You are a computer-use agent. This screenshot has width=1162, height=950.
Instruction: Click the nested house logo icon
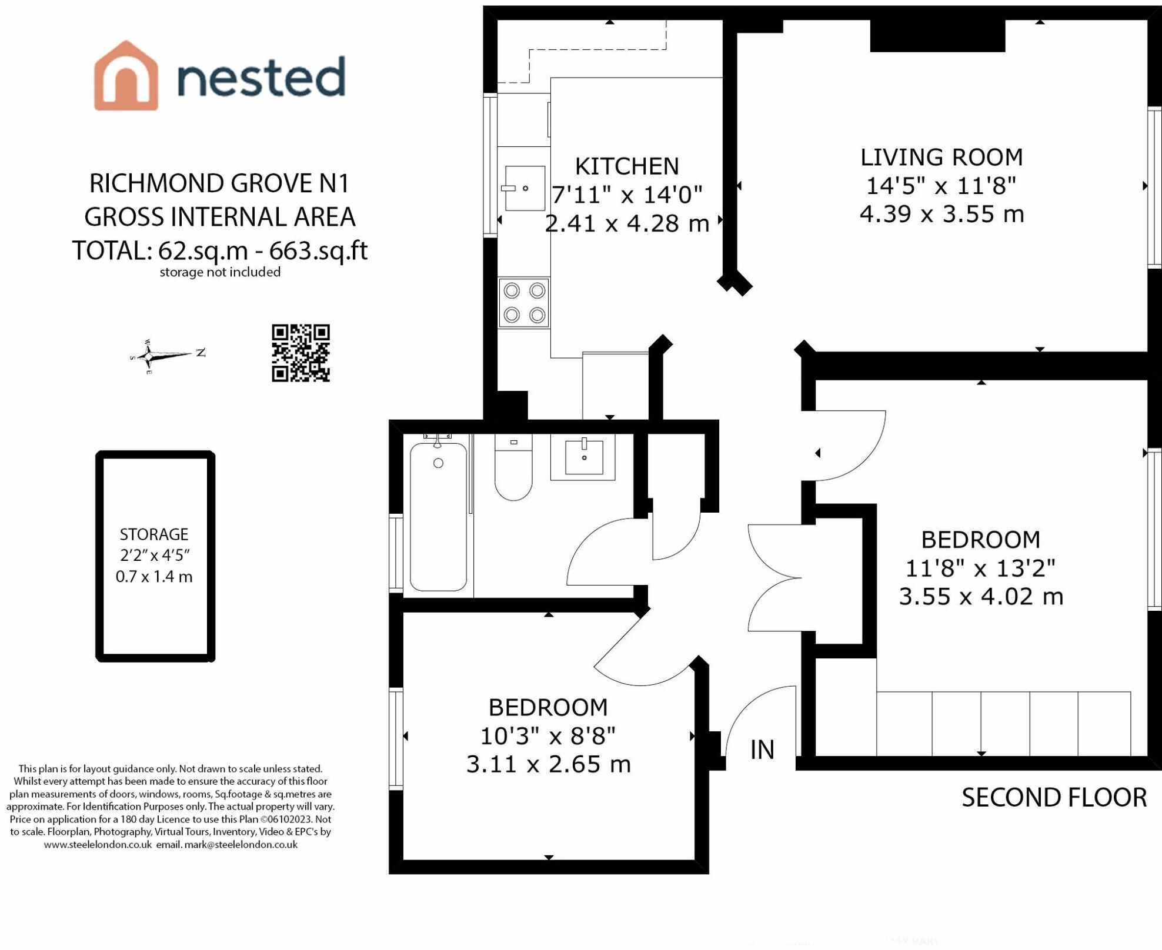pyautogui.click(x=126, y=76)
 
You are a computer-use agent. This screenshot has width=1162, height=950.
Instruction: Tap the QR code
pyautogui.click(x=300, y=353)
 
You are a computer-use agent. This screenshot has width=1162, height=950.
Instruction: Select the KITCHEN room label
pyautogui.click(x=627, y=166)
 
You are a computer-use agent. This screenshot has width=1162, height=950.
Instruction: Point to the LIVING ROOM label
pyautogui.click(x=941, y=157)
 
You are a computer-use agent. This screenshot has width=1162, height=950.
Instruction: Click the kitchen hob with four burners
pyautogui.click(x=524, y=303)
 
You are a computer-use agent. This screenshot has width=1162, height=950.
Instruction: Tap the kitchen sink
pyautogui.click(x=525, y=188)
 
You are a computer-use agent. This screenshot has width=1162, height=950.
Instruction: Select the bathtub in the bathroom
pyautogui.click(x=439, y=516)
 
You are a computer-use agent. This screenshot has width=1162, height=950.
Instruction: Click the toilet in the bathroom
pyautogui.click(x=513, y=467)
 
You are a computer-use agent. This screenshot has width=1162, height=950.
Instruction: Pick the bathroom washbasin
pyautogui.click(x=583, y=457)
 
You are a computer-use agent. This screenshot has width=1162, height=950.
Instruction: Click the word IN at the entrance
pyautogui.click(x=762, y=750)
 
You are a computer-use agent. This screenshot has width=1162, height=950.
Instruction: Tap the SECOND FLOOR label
pyautogui.click(x=1054, y=798)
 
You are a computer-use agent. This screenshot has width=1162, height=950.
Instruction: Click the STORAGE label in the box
pyautogui.click(x=154, y=534)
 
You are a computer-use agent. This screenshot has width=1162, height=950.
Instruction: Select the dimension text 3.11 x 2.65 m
pyautogui.click(x=548, y=764)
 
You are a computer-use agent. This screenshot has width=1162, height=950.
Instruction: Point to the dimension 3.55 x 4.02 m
pyautogui.click(x=981, y=597)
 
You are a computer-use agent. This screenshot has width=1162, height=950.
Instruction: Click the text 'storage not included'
pyautogui.click(x=220, y=272)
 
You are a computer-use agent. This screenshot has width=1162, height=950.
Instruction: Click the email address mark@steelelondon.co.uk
pyautogui.click(x=241, y=844)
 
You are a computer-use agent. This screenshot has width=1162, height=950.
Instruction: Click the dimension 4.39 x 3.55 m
pyautogui.click(x=941, y=214)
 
